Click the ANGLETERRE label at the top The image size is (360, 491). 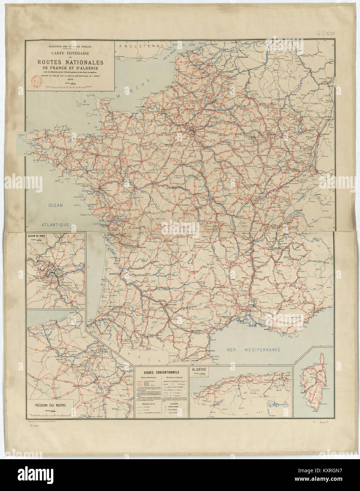(141, 46)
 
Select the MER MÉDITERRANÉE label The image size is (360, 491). (253, 350)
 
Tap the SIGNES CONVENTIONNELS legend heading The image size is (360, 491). (162, 372)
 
